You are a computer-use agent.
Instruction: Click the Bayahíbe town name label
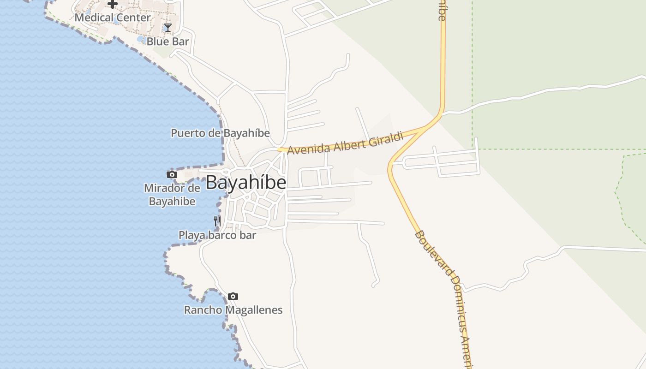tap(245, 183)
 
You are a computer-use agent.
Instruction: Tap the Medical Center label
tap(113, 18)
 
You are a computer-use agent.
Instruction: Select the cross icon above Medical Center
tap(113, 4)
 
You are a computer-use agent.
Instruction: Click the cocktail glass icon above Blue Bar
tap(168, 28)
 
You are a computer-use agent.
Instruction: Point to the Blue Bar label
tap(168, 42)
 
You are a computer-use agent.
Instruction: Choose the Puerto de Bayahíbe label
tap(220, 133)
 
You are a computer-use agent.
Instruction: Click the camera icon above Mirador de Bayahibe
tap(172, 174)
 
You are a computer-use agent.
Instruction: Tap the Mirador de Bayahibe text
tap(172, 195)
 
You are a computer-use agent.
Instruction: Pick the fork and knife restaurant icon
tap(217, 221)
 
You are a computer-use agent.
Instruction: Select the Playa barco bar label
tap(217, 235)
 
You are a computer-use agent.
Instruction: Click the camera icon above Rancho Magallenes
tap(233, 296)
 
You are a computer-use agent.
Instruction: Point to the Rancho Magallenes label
tap(233, 310)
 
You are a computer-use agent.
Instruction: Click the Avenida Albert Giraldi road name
tap(345, 143)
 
